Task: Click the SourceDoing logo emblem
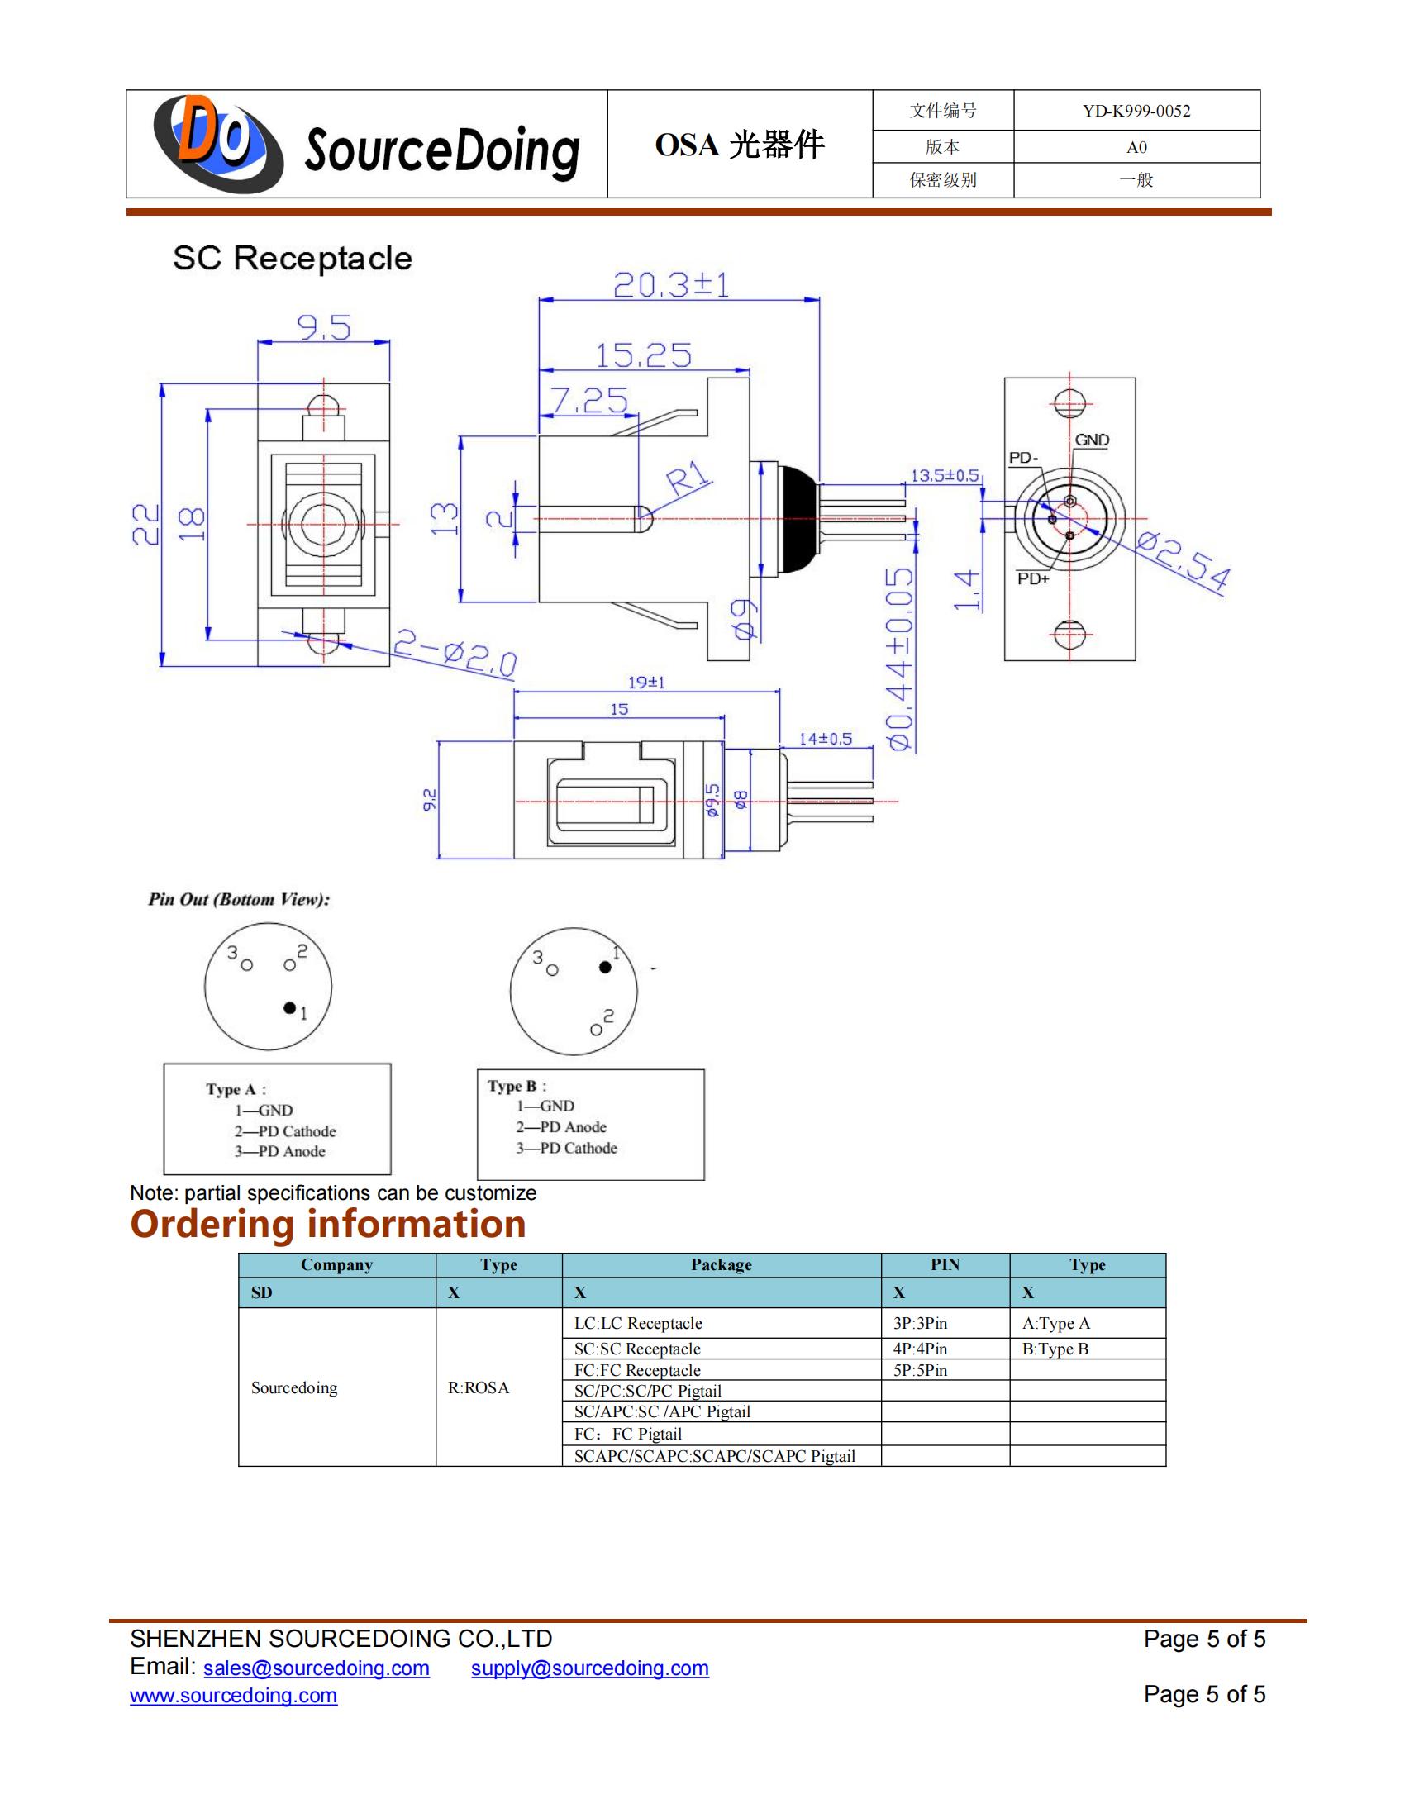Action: coord(218,143)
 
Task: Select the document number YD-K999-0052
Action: coord(1136,111)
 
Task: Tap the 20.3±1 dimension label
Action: coord(671,286)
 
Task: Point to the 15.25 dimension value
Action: coord(643,356)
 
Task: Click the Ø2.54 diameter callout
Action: coord(1183,562)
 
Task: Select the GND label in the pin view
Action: coord(1091,440)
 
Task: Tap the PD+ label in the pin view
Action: coord(1033,578)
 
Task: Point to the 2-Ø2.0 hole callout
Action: coord(455,654)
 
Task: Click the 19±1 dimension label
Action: coord(646,683)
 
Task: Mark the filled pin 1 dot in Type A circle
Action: coord(289,1007)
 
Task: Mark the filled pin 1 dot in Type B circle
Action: coord(605,967)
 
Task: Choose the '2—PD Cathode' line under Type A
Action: coord(284,1131)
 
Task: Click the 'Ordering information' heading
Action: coord(328,1224)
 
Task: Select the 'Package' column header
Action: coord(721,1264)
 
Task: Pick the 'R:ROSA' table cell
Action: coord(479,1387)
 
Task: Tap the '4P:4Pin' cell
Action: coord(920,1349)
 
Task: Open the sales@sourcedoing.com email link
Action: coord(317,1668)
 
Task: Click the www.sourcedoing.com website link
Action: coord(234,1696)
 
